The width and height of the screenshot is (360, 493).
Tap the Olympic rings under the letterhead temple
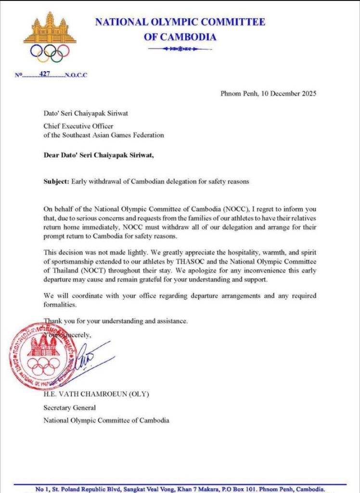(50, 52)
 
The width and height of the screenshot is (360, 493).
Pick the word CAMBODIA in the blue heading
(189, 37)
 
